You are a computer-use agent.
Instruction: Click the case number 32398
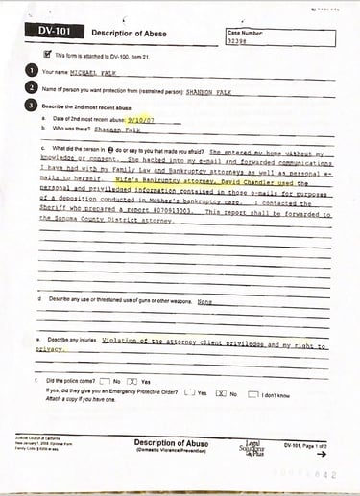coord(239,41)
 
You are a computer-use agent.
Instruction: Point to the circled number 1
coord(33,71)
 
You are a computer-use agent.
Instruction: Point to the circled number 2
coord(33,87)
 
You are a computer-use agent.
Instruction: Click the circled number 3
coord(33,104)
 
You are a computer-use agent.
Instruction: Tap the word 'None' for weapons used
coord(204,301)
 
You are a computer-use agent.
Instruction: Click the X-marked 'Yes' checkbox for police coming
coord(133,381)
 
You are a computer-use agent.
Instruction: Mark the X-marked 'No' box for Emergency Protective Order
coord(221,393)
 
